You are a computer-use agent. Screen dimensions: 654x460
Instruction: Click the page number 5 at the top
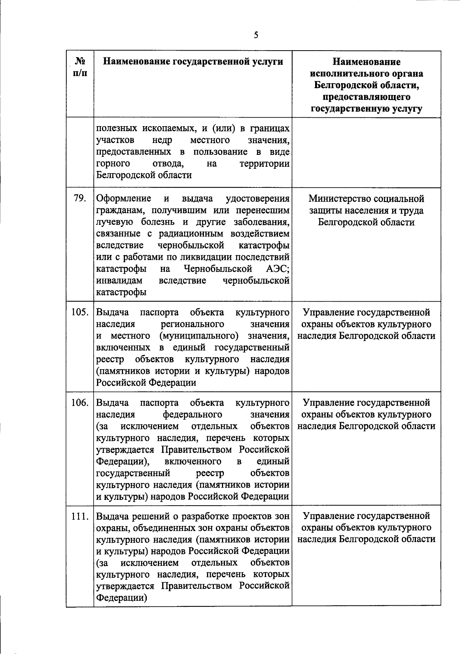[256, 35]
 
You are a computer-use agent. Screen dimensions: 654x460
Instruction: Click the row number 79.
[80, 199]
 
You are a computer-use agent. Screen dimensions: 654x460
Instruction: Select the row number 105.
[80, 312]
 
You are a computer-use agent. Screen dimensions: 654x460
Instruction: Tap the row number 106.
[80, 403]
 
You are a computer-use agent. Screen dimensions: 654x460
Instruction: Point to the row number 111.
[80, 516]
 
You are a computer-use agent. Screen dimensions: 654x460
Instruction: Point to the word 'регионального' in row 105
[193, 324]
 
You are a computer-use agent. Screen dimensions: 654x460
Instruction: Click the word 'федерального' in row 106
[192, 415]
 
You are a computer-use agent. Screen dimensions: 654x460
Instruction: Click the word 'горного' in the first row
[113, 164]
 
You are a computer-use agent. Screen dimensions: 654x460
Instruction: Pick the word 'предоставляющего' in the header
[366, 97]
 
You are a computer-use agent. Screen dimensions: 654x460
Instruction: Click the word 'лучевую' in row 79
[114, 222]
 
